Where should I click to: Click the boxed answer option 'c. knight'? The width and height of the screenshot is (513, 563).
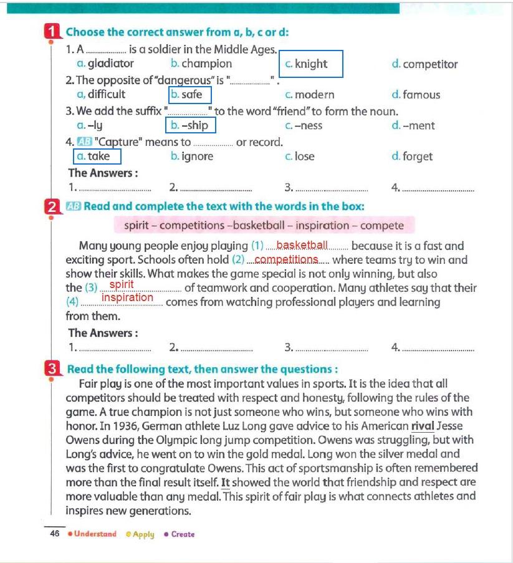[310, 64]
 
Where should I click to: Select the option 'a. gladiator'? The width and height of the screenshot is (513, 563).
[105, 64]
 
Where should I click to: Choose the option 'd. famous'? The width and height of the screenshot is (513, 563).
[416, 95]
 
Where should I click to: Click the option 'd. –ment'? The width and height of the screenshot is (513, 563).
[413, 125]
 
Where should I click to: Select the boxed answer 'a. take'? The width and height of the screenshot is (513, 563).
[97, 156]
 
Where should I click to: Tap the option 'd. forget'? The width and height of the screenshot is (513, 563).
[412, 156]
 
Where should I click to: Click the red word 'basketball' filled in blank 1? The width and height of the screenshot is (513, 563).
[302, 245]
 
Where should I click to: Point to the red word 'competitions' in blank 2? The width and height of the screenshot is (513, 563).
[287, 259]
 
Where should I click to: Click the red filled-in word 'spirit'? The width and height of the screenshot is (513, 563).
[122, 285]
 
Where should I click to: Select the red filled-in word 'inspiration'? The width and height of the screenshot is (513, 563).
[127, 298]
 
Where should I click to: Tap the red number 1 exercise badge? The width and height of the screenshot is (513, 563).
[52, 32]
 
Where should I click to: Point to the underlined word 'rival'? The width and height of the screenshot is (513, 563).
[423, 426]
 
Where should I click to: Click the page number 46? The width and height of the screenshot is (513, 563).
[55, 534]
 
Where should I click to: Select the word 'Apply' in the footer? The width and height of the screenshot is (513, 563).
[143, 534]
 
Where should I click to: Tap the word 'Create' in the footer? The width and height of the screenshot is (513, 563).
[183, 534]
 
